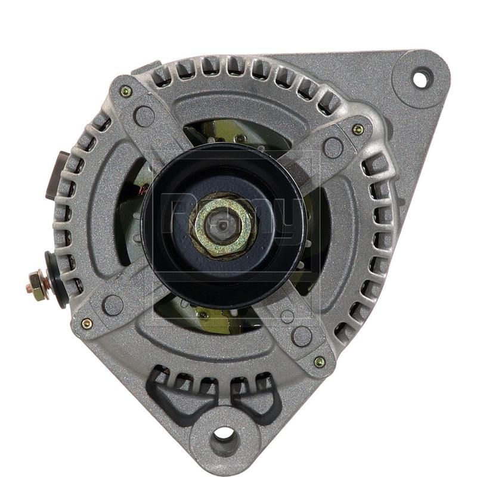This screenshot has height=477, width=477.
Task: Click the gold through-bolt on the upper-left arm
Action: click(x=126, y=91)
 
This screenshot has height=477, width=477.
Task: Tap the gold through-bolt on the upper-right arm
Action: click(x=358, y=129)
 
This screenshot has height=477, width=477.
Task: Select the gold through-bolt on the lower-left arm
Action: click(x=87, y=324)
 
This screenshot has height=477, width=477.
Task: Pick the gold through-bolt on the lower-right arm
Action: click(x=320, y=362)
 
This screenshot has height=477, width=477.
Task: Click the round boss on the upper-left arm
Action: click(x=144, y=116)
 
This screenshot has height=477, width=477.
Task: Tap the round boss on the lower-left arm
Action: click(x=113, y=305)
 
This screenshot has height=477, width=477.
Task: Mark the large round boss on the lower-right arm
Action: click(x=302, y=336)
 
